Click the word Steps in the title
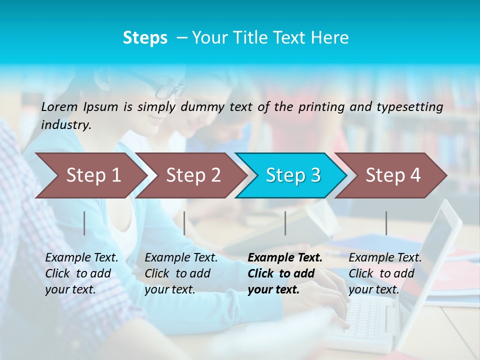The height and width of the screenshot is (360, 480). (145, 38)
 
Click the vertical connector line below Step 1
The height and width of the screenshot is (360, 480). (84, 223)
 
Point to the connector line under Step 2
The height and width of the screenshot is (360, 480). (184, 223)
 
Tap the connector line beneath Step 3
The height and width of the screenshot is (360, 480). (285, 223)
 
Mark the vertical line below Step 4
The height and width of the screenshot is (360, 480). (386, 223)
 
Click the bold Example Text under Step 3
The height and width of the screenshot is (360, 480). (285, 273)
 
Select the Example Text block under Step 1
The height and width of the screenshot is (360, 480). (81, 273)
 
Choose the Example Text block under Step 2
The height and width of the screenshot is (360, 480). (181, 273)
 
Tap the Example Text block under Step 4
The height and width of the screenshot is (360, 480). (385, 273)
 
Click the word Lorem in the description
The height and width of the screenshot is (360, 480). (59, 107)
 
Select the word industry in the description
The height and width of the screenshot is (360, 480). (66, 125)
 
